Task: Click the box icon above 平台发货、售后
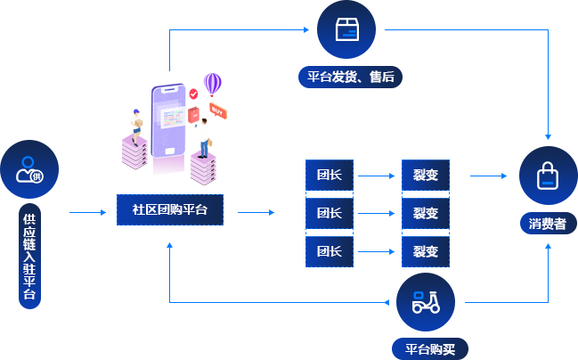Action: [346, 29]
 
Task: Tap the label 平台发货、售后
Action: [351, 77]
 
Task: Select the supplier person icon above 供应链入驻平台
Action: [29, 169]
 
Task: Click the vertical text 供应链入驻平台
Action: [29, 256]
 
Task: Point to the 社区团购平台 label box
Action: [169, 210]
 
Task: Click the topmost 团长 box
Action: [330, 175]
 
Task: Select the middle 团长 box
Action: [330, 213]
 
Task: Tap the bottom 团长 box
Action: [330, 251]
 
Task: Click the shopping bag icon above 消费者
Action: [547, 175]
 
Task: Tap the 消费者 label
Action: [547, 224]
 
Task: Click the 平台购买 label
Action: [430, 349]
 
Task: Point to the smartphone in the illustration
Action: [171, 116]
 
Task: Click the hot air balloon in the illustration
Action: [211, 85]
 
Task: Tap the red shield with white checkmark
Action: [193, 92]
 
